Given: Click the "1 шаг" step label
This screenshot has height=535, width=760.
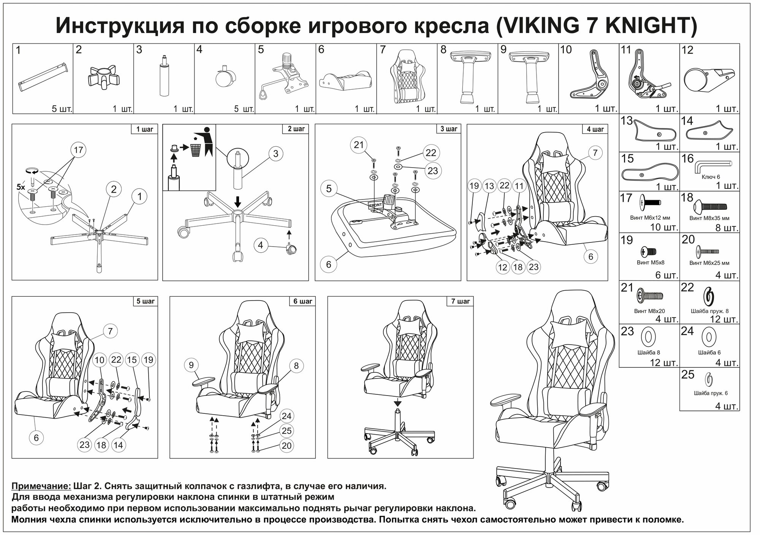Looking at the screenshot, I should point(144,129).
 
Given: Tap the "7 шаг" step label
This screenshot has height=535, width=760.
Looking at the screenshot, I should point(460,301).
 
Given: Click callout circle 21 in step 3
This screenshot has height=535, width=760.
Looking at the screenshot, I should point(359,145).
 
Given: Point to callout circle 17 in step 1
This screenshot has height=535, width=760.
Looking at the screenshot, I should point(78,150).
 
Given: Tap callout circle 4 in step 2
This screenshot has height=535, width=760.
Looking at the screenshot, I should point(260,245).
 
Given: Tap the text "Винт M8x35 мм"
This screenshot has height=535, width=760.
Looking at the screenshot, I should point(709,218).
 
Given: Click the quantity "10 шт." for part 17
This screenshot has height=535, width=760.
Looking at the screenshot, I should point(665,227).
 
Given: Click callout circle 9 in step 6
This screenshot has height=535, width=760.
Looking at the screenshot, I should point(191,365).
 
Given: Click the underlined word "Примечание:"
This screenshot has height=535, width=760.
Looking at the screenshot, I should point(41,486).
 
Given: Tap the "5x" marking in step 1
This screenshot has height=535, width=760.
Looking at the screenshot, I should point(21,187).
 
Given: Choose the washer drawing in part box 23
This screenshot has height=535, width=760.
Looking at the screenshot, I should point(648,336).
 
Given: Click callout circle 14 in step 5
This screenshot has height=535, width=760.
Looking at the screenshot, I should point(118,445).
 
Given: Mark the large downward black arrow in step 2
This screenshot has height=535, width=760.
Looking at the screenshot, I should point(237,201).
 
